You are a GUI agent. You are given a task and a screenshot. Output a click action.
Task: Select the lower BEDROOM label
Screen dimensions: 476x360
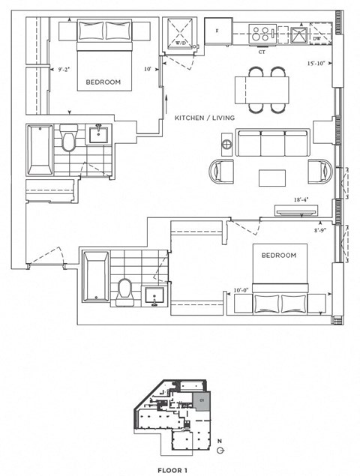278,255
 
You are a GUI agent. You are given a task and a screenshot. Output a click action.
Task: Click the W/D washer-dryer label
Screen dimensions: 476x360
181,43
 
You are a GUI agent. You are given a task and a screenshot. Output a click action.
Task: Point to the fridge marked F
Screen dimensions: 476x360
217,31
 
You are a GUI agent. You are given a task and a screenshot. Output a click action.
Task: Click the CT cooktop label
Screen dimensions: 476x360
262,52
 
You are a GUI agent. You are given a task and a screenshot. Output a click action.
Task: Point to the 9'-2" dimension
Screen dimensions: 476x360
65,70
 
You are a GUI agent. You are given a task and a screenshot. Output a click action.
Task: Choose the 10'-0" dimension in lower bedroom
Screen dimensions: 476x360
241,290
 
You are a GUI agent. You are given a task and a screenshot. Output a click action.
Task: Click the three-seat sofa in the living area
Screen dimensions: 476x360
272,142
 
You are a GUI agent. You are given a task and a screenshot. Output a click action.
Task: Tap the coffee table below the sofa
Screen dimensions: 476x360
272,178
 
